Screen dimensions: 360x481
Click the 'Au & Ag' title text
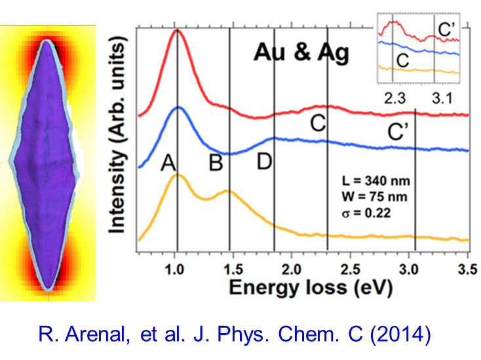click(x=302, y=52)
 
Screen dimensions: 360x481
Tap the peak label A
click(x=168, y=164)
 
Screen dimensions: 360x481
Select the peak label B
click(x=216, y=164)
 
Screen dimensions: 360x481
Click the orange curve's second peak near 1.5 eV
click(x=227, y=191)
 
